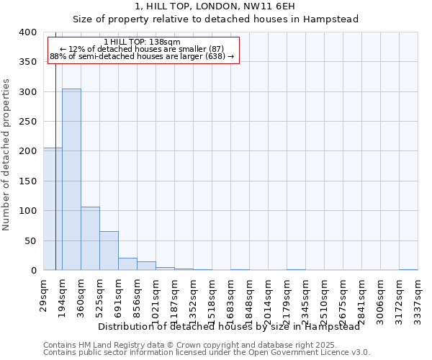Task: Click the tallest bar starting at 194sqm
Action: [x=71, y=179]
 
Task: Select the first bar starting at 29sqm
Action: [x=53, y=209]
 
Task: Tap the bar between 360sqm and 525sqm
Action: [x=90, y=238]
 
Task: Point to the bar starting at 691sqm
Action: [x=127, y=264]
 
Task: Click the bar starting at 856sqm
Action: [x=146, y=266]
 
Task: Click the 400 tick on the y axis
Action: [x=27, y=32]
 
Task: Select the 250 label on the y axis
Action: [x=27, y=122]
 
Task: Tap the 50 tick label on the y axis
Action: [x=30, y=240]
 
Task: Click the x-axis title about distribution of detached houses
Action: [x=228, y=326]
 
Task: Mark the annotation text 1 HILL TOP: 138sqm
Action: [x=142, y=42]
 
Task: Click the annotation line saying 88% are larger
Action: [x=142, y=56]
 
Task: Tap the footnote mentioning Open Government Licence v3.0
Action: [x=207, y=353]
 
